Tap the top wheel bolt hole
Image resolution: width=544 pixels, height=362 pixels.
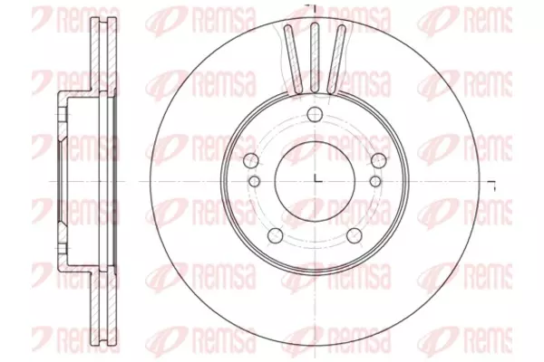click(315, 114)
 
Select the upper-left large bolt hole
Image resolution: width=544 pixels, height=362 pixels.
click(251, 160)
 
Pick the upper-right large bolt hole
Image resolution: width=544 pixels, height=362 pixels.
click(378, 160)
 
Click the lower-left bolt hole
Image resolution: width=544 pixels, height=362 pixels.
click(276, 235)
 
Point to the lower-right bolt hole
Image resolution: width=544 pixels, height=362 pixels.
click(355, 235)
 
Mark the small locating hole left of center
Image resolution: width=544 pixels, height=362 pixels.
click(255, 181)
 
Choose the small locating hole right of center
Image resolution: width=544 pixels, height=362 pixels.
click(375, 181)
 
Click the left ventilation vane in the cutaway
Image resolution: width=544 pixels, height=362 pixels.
click(294, 59)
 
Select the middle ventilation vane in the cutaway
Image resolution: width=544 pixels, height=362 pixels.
click(315, 57)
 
